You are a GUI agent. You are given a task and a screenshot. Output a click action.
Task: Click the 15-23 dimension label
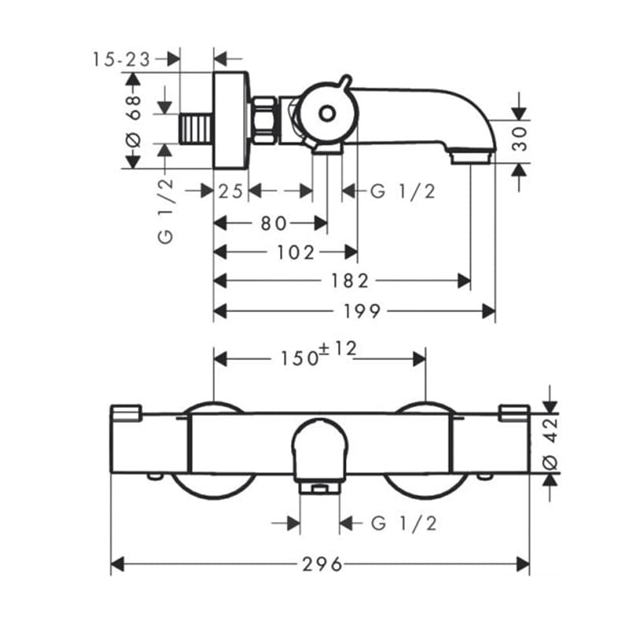(121, 60)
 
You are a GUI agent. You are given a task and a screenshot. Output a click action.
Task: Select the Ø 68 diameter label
(134, 120)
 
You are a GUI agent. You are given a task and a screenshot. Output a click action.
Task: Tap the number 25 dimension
(230, 191)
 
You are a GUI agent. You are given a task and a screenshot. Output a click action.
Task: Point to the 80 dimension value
(274, 223)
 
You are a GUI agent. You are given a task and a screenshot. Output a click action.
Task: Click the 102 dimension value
(296, 252)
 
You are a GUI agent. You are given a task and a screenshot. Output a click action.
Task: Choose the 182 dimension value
(349, 281)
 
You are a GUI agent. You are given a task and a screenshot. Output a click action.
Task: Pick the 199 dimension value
(362, 311)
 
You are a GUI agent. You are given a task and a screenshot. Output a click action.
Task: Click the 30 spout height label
(520, 138)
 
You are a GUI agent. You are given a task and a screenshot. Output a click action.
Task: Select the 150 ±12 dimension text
(318, 355)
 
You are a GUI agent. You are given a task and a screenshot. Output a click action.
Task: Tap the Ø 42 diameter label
(550, 443)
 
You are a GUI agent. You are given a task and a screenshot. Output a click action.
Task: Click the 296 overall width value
(322, 565)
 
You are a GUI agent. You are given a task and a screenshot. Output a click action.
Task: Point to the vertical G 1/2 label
(166, 211)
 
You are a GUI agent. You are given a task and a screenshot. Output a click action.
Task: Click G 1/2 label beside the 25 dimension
(403, 191)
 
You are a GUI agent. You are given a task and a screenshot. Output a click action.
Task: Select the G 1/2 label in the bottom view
(404, 524)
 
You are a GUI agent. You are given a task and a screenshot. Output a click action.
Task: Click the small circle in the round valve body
(327, 114)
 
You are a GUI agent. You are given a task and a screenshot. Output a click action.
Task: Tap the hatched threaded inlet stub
(196, 128)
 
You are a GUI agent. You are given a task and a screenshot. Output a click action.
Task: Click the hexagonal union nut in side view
(264, 120)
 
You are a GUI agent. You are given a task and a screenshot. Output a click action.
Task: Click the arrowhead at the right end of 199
(488, 311)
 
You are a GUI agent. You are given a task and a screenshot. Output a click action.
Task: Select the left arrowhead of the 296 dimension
(117, 565)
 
